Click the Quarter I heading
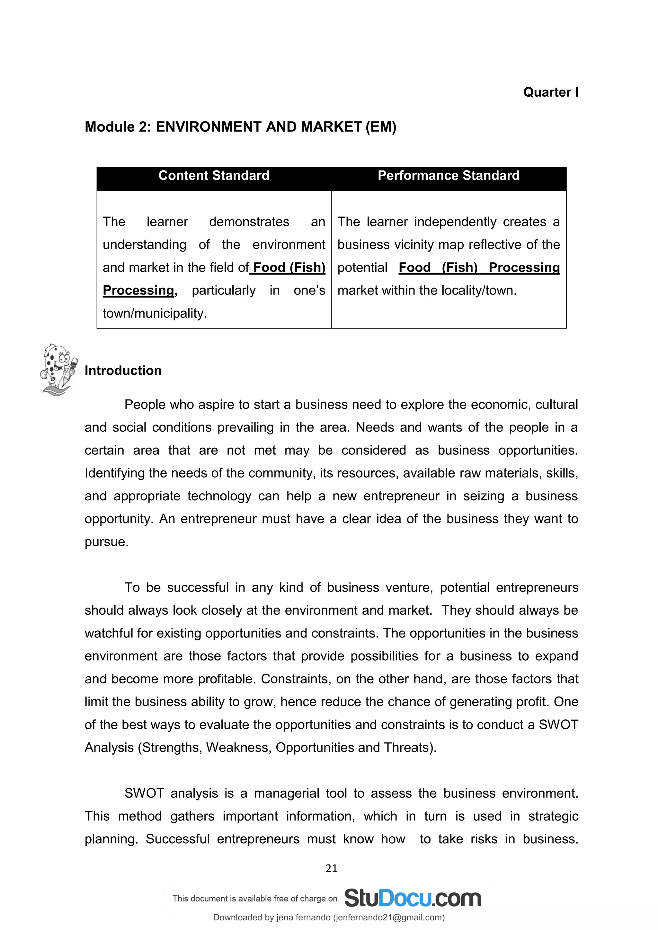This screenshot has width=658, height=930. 550,92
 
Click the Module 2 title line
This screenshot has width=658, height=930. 240,127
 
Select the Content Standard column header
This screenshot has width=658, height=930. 214,175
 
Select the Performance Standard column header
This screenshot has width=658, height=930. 448,175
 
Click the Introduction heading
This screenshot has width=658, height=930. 123,371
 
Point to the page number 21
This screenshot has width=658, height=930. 331,868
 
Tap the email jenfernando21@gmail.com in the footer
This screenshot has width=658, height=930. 388,917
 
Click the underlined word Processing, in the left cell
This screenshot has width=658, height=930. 139,290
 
